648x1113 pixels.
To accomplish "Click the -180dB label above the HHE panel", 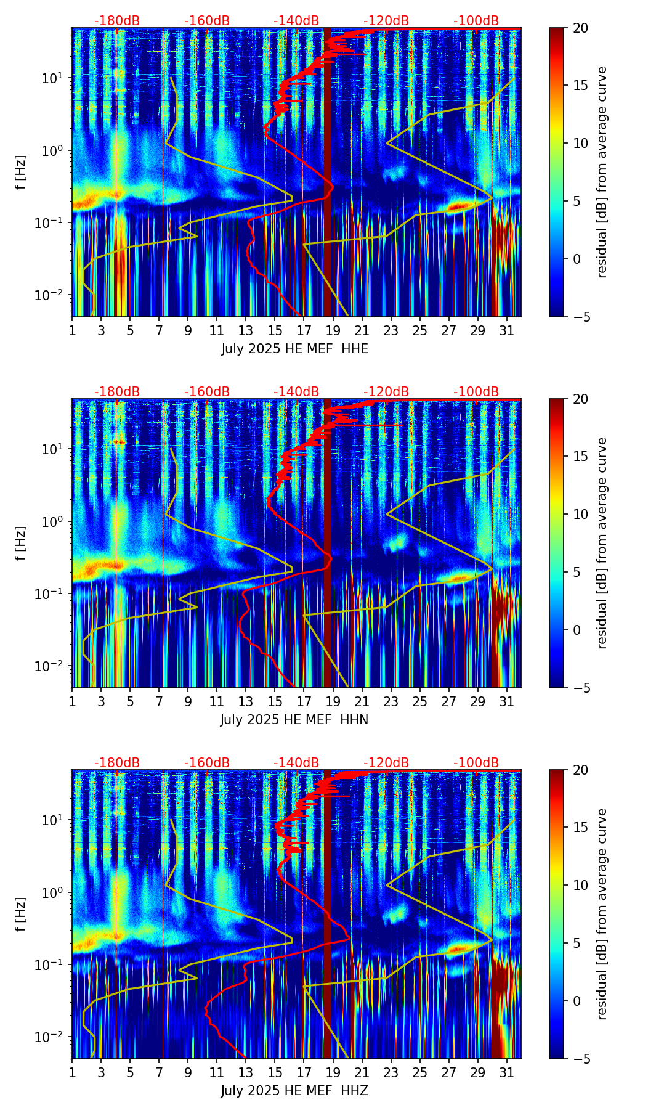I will coord(117,21).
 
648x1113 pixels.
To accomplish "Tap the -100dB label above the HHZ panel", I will coord(476,763).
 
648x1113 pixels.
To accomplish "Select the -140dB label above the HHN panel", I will coord(296,392).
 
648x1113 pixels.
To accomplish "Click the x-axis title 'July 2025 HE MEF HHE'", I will coord(294,349).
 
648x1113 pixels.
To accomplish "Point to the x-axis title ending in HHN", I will coord(294,720).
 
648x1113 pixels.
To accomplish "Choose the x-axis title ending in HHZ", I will coord(294,1091).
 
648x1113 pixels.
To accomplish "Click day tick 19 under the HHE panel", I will coord(333,330).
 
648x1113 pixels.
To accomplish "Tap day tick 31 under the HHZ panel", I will coord(507,1072).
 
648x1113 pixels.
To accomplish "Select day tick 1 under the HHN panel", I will coord(73,701).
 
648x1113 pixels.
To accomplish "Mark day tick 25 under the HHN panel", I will coord(420,701).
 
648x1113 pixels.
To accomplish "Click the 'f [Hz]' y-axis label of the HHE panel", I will coord(21,173).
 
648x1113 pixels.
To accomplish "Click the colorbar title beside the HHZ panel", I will coord(602,914).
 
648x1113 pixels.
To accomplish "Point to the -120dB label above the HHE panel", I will coord(386,21).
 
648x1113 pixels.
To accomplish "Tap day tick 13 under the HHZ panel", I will coord(246,1072).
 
